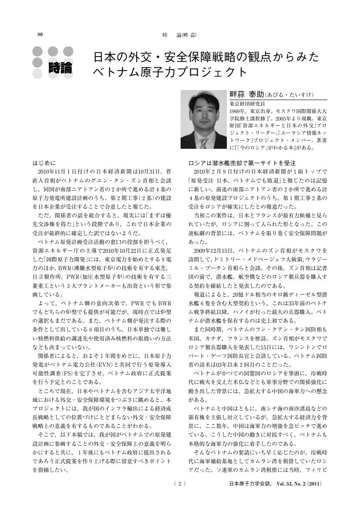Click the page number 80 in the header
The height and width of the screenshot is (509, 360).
(40, 34)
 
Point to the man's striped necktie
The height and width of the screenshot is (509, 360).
(203, 143)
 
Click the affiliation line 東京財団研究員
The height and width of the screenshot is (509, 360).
(247, 104)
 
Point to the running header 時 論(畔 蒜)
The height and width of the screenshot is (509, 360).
(179, 34)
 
